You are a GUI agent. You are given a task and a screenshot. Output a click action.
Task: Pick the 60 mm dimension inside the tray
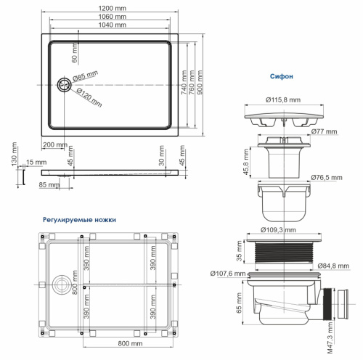(73, 52)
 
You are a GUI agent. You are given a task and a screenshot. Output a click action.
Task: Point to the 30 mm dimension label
(160, 155)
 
